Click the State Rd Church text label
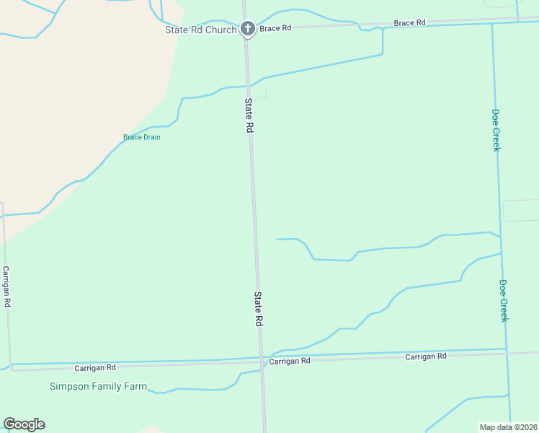click(x=200, y=30)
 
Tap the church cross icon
click(x=247, y=29)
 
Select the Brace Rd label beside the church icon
click(x=275, y=28)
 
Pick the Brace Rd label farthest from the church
click(x=410, y=23)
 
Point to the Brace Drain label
click(x=141, y=137)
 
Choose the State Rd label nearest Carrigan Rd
click(x=257, y=310)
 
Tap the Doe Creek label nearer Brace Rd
click(x=496, y=130)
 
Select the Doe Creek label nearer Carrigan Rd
click(x=504, y=300)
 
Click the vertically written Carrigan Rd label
click(x=6, y=287)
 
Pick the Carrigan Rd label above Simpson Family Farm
click(x=95, y=367)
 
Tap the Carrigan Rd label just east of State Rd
click(x=290, y=360)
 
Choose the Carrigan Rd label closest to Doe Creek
click(x=425, y=357)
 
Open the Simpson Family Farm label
click(x=98, y=386)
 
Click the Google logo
click(x=24, y=424)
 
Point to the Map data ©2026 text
click(x=509, y=427)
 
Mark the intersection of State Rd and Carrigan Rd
click(x=261, y=359)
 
